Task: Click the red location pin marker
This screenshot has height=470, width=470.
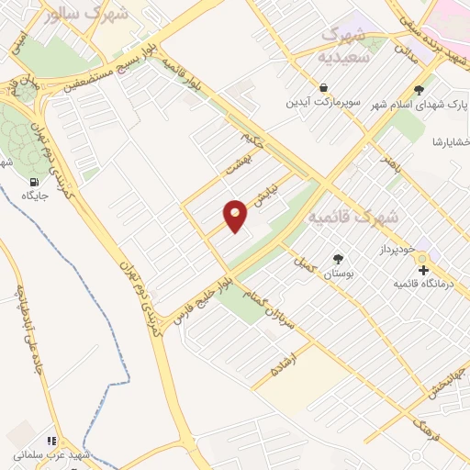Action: coord(236,216)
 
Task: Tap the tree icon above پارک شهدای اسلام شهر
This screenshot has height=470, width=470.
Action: coord(420,90)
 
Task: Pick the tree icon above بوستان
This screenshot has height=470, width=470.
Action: coord(337,258)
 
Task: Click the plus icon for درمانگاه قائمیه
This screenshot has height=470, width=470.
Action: coord(423,270)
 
